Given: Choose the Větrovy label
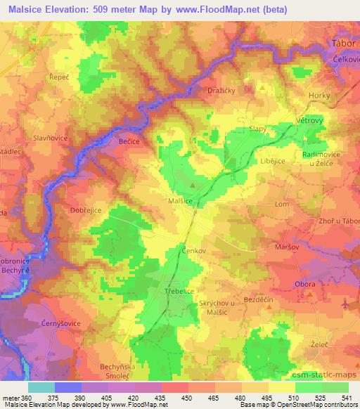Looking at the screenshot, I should click(x=307, y=120).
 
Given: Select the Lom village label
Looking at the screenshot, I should click(x=282, y=204).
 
